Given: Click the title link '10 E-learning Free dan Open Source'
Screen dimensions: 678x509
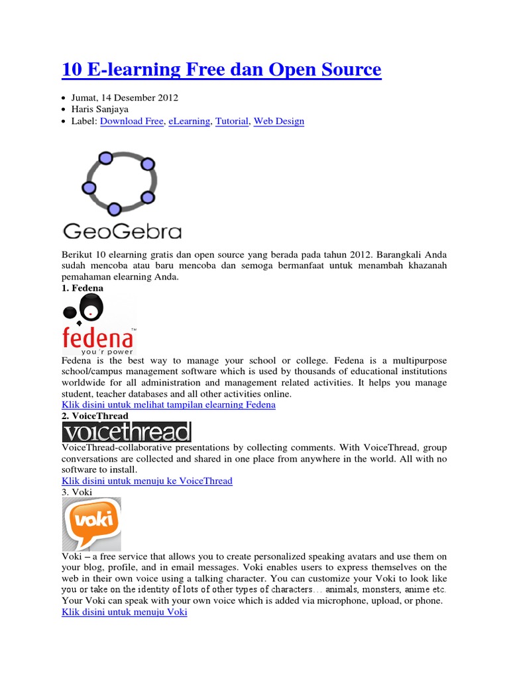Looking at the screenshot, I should point(222,69).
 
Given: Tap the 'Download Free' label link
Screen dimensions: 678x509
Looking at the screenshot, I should point(131,121).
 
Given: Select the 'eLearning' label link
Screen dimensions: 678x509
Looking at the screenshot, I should point(189,121).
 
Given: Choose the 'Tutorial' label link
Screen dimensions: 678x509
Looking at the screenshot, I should point(231,121).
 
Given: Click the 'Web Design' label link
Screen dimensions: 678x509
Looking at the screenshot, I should point(279,121).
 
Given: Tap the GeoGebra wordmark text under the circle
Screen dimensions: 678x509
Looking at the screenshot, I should point(122,231).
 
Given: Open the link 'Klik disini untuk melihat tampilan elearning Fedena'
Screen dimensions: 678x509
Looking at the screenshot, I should point(168,405).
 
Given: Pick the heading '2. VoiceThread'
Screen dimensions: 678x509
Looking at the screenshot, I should point(95,416).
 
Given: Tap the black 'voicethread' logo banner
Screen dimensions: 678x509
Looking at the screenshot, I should point(127,432).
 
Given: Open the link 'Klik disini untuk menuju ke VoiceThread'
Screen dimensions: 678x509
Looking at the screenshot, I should point(147,481).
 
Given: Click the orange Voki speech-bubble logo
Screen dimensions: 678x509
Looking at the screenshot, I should point(91,523).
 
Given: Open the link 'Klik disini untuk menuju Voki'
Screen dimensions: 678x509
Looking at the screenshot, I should point(125,612).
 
